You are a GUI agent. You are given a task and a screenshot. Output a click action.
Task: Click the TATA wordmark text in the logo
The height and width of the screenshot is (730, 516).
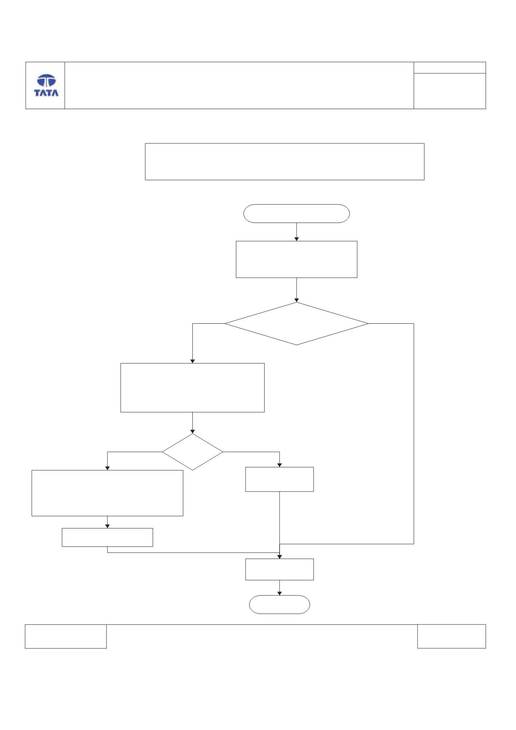pyautogui.click(x=46, y=93)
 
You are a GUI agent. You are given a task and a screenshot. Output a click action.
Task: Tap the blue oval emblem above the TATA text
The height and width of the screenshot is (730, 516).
pyautogui.click(x=46, y=81)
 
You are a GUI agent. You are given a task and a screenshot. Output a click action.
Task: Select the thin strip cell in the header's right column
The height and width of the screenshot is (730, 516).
pyautogui.click(x=450, y=67)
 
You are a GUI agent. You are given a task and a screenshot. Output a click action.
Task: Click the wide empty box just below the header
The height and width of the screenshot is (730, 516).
pyautogui.click(x=285, y=162)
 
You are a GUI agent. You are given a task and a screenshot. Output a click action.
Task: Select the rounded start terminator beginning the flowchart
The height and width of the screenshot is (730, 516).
pyautogui.click(x=297, y=213)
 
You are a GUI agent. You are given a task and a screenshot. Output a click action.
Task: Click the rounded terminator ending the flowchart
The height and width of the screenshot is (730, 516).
pyautogui.click(x=280, y=605)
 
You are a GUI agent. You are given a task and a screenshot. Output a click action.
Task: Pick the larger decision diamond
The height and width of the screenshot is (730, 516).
pyautogui.click(x=297, y=324)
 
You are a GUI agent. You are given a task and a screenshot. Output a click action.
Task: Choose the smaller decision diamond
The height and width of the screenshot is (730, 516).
pyautogui.click(x=192, y=452)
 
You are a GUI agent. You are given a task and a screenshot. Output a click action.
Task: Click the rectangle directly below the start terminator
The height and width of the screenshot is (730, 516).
pyautogui.click(x=297, y=259)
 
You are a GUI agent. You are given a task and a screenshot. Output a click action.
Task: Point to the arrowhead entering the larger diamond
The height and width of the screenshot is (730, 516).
pyautogui.click(x=297, y=300)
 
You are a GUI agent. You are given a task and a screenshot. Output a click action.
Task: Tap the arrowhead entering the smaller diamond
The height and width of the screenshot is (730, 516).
pyautogui.click(x=192, y=431)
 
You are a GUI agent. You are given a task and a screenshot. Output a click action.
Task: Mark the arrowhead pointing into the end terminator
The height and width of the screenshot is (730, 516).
pyautogui.click(x=280, y=594)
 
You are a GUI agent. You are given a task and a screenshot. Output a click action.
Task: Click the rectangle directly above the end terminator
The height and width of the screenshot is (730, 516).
pyautogui.click(x=280, y=569)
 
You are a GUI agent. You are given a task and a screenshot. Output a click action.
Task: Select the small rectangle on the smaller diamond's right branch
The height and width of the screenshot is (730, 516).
pyautogui.click(x=280, y=479)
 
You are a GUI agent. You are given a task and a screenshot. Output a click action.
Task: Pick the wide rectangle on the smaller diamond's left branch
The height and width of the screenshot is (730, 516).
pyautogui.click(x=107, y=493)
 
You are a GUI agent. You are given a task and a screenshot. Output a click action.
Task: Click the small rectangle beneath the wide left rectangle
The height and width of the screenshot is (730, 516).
pyautogui.click(x=107, y=537)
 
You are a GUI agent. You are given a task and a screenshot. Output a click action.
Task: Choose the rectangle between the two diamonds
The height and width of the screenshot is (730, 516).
pyautogui.click(x=192, y=388)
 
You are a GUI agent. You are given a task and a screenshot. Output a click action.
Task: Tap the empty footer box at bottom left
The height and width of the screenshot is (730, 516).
pyautogui.click(x=66, y=636)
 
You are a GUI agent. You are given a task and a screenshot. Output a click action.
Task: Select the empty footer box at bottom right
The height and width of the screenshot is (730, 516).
pyautogui.click(x=451, y=636)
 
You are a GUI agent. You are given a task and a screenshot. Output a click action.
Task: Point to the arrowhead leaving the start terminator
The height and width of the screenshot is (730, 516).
pyautogui.click(x=297, y=239)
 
